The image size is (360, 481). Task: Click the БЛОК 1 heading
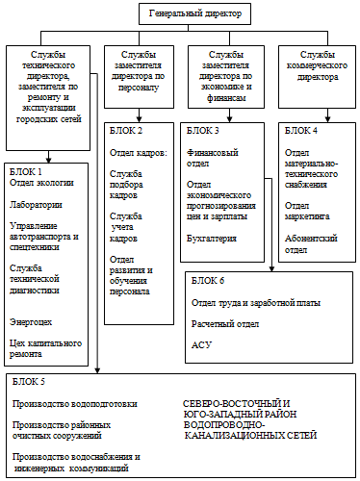point(25,169)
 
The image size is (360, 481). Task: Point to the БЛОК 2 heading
point(126,130)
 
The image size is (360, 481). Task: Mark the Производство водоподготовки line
point(73,404)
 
